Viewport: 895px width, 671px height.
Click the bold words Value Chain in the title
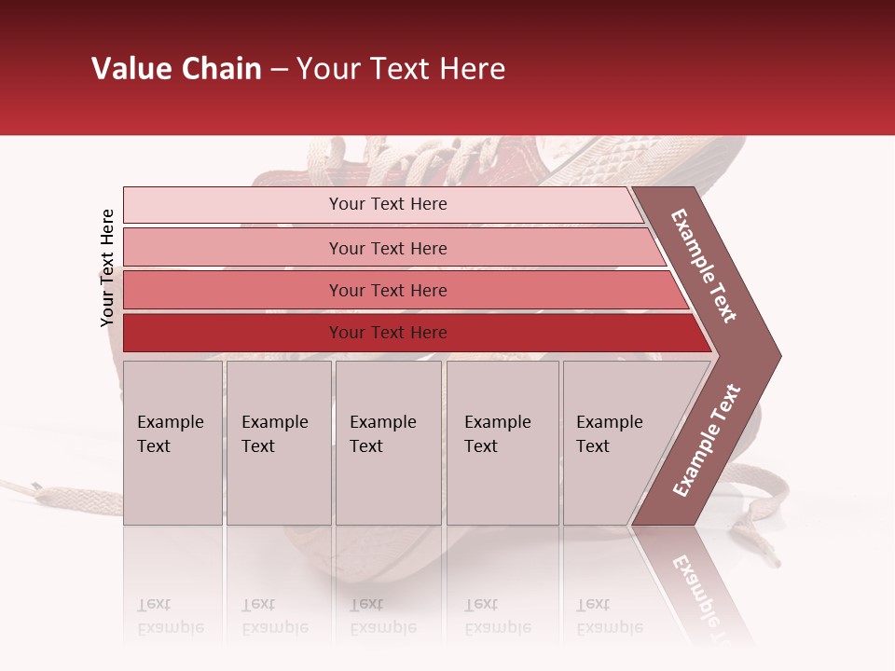176,69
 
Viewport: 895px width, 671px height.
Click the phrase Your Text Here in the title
401,69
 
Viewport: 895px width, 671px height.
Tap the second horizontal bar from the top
387,248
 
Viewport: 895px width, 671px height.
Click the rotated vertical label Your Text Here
107,267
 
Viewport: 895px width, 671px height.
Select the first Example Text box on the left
172,443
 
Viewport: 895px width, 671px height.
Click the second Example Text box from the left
278,443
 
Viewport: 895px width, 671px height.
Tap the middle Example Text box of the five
388,443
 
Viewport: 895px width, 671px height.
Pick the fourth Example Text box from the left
502,443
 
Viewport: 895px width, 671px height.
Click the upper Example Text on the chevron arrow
705,266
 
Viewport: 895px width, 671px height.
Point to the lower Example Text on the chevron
706,440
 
